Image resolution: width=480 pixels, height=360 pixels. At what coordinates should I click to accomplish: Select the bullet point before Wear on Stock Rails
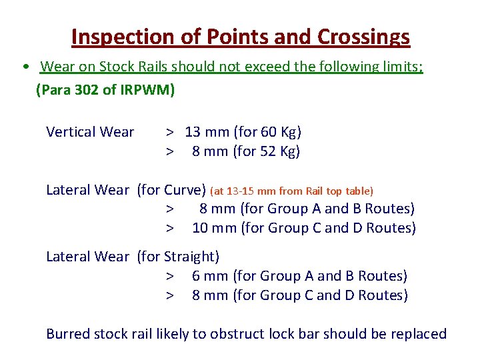point(24,68)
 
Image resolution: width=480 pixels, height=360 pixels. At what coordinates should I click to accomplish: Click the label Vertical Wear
point(90,132)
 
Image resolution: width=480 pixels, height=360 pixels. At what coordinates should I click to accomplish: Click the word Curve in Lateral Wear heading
point(184,190)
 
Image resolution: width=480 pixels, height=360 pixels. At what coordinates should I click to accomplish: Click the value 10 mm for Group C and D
point(214,228)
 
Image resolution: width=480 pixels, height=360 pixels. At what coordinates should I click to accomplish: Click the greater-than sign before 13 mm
point(171,132)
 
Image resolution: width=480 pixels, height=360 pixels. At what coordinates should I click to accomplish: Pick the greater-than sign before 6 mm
point(171,276)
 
